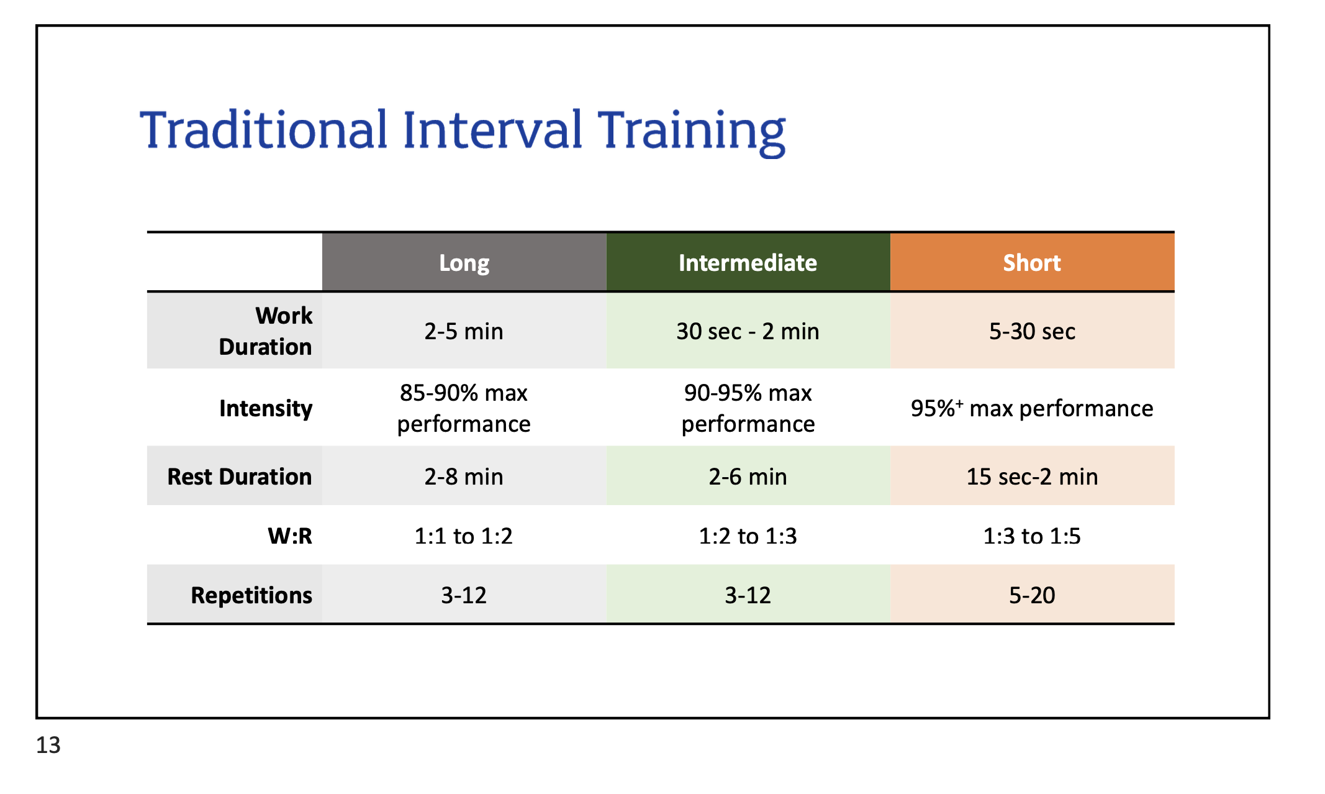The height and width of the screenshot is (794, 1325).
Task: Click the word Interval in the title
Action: tap(492, 130)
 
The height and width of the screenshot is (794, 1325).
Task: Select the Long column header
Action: tap(464, 263)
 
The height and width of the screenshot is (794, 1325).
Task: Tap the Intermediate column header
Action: tap(748, 263)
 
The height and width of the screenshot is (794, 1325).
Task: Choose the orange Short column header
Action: tap(1032, 263)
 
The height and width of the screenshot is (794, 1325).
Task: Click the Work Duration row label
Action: tap(265, 331)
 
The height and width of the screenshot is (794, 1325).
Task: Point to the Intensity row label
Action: tap(266, 408)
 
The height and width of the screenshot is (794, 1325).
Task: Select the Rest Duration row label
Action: tap(240, 477)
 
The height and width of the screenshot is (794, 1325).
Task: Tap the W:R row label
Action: tap(290, 536)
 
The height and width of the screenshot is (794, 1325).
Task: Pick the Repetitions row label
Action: tap(251, 595)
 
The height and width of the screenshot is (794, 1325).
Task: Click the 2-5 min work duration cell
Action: tap(464, 331)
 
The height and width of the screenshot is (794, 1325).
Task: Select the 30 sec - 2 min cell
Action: tap(748, 331)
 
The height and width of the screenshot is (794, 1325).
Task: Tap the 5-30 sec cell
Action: tap(1032, 331)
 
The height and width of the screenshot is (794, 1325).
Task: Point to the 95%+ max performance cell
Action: tap(1032, 408)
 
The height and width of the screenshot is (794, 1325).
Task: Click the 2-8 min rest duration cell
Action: tap(464, 477)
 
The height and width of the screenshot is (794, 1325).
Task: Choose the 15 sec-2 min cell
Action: tap(1032, 477)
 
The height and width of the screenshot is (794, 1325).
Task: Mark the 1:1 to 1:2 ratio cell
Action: tap(464, 536)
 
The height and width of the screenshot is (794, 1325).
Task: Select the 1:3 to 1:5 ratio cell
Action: tap(1032, 536)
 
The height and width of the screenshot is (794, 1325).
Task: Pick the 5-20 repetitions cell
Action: tap(1032, 595)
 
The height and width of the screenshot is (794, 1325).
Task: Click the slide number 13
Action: tap(48, 745)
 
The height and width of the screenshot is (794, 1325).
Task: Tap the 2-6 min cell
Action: tap(748, 477)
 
